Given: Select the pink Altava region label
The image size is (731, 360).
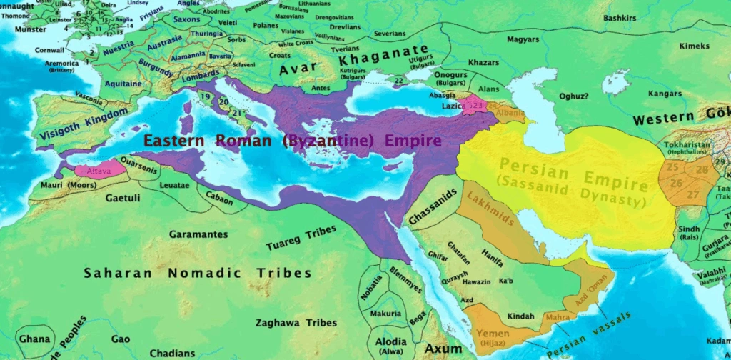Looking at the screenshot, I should pyautogui.click(x=98, y=172).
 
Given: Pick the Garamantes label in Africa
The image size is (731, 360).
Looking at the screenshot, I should pyautogui.click(x=199, y=234).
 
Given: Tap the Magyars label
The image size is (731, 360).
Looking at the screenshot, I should pyautogui.click(x=523, y=39).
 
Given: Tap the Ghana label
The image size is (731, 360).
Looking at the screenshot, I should pyautogui.click(x=35, y=339).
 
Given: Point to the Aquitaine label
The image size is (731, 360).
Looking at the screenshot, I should pyautogui.click(x=123, y=84).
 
